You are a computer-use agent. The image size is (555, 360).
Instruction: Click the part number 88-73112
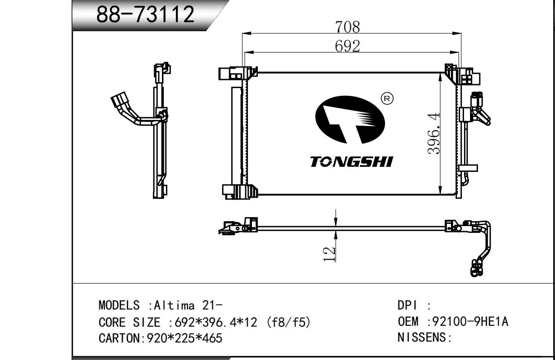145,15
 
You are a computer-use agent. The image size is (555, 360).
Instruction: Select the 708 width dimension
347,27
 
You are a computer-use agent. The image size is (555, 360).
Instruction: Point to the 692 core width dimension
347,46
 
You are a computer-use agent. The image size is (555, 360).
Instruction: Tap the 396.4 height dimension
434,133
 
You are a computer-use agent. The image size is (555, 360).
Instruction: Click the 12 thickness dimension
329,254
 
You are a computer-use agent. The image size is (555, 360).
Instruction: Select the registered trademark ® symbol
388,98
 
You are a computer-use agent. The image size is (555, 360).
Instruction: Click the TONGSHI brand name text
351,161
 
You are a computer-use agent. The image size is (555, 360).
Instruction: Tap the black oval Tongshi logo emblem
350,120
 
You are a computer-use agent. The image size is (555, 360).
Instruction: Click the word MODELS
119,305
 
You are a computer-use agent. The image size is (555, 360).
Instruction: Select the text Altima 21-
188,305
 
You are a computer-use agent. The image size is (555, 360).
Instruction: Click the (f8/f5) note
288,322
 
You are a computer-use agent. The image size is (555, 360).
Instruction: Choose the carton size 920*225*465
185,338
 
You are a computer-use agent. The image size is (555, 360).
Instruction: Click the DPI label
407,305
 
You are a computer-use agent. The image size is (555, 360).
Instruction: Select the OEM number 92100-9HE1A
470,322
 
